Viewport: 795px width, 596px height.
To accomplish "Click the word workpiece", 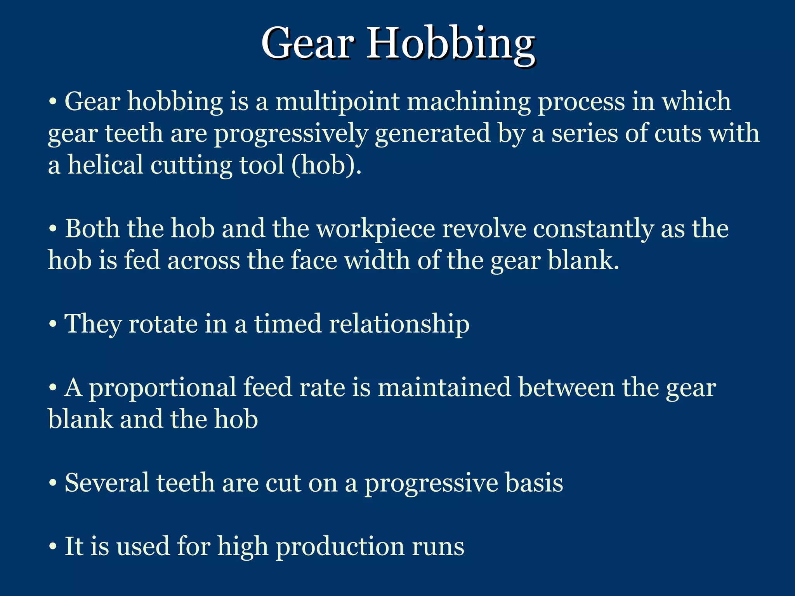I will pyautogui.click(x=376, y=229).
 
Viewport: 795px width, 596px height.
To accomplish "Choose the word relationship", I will pyautogui.click(x=399, y=324).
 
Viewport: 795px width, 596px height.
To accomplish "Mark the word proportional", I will pyautogui.click(x=163, y=388).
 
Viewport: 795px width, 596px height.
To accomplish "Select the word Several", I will pyautogui.click(x=107, y=483).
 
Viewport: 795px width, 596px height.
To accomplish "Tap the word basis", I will pyautogui.click(x=534, y=483).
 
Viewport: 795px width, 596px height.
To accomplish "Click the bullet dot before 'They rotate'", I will pyautogui.click(x=53, y=324).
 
